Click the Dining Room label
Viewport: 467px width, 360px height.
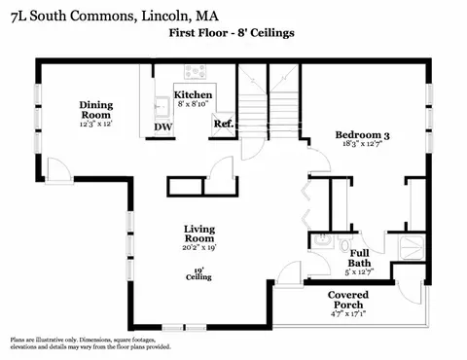(x=96, y=110)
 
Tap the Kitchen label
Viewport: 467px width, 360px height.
(x=193, y=95)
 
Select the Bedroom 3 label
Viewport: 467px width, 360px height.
(x=362, y=135)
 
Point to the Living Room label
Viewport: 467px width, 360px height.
(x=199, y=234)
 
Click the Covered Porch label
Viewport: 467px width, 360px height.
(x=348, y=300)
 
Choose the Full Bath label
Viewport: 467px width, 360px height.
(x=359, y=258)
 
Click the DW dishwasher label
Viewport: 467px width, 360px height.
(x=162, y=127)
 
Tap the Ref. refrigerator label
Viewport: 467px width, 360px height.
(x=224, y=124)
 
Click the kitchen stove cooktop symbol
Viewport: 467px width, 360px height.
(x=195, y=72)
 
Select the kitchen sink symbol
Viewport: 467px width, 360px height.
(x=162, y=106)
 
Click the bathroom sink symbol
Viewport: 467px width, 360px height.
(x=322, y=241)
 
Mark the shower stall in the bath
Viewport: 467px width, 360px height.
(x=412, y=248)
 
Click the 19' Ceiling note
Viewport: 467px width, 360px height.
(x=198, y=274)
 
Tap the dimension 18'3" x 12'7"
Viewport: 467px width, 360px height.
(x=362, y=144)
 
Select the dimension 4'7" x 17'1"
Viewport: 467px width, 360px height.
(x=348, y=314)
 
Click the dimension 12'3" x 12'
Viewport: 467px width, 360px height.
(x=96, y=124)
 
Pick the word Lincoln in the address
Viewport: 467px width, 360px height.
(x=165, y=17)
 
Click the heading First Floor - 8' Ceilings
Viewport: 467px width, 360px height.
(x=232, y=33)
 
